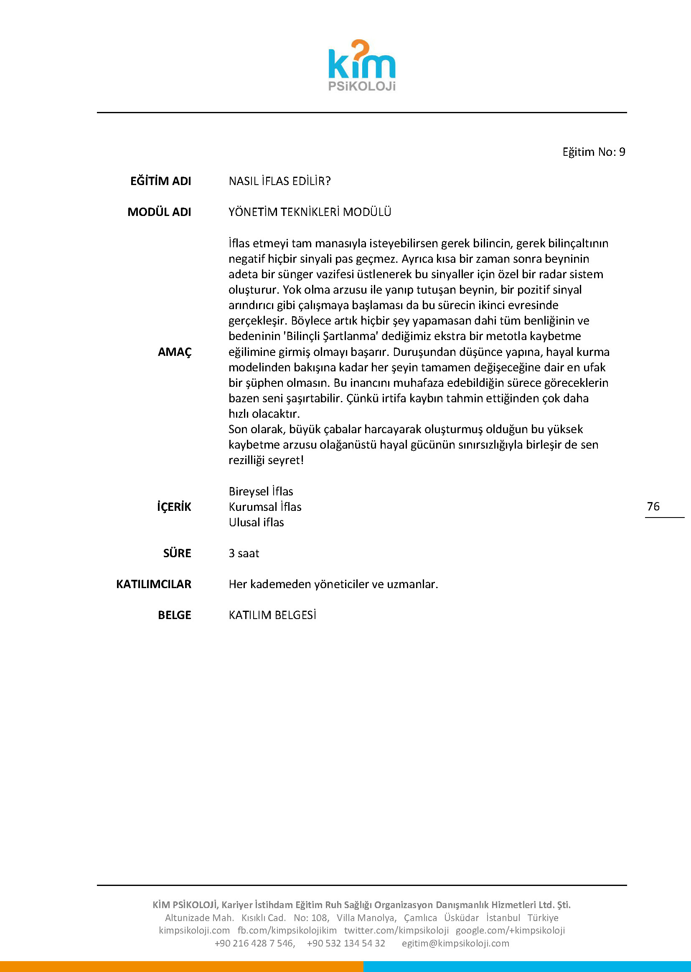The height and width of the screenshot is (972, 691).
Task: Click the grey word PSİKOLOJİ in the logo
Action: coord(362,86)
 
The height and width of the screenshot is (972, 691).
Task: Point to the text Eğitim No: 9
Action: coord(594,152)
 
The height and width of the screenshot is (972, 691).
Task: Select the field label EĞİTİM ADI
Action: coord(160,181)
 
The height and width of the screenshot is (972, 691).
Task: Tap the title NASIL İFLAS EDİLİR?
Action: coord(279,181)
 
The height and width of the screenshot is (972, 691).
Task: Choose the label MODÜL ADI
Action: coord(159,212)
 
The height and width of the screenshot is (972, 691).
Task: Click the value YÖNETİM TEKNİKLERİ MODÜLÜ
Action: coord(310,212)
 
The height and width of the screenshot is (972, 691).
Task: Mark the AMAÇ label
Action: coord(175,352)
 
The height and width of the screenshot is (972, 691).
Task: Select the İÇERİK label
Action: coord(174,507)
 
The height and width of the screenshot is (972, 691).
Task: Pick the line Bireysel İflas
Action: coord(261,491)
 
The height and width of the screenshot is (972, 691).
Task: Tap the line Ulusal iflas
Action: coord(256,523)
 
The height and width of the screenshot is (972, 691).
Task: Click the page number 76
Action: coord(653,506)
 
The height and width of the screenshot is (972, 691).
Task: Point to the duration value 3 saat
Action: coord(244,553)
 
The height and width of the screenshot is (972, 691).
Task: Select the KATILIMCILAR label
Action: coord(154,584)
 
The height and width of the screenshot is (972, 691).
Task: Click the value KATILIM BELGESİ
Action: coord(272,615)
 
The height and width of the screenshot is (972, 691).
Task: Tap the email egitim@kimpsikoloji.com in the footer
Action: coord(455,943)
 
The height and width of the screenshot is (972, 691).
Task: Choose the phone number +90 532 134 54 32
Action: coord(346,943)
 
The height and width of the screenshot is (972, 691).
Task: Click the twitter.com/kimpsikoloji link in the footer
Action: coord(396,930)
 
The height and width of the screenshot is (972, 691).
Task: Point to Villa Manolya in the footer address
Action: coord(366,918)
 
